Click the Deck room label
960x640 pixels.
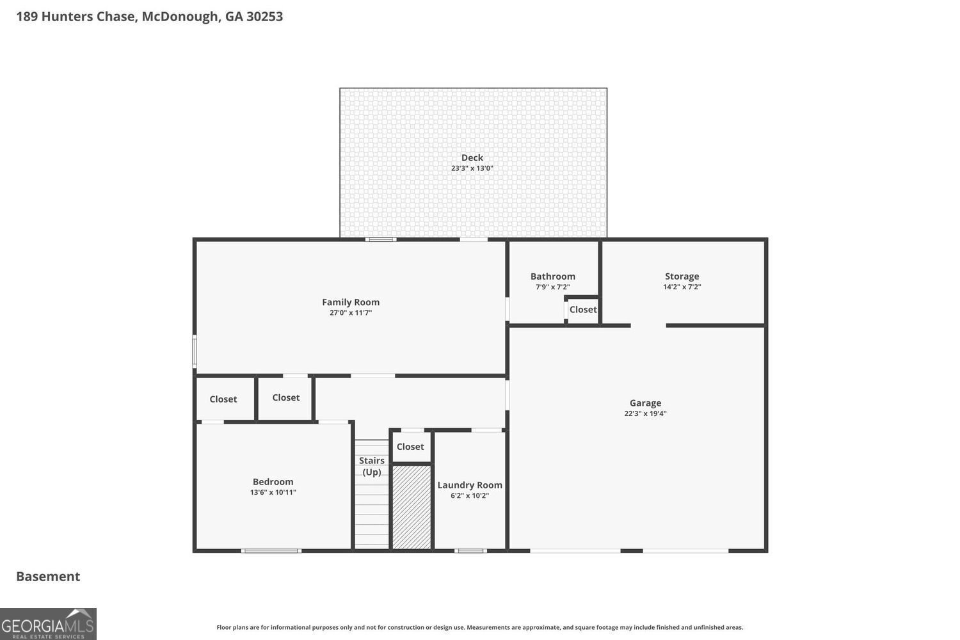tap(472, 157)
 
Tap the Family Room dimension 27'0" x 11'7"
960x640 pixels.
tap(351, 313)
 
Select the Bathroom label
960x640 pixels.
tap(553, 276)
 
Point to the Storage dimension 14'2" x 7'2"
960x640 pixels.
tap(682, 287)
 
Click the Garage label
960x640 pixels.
tap(645, 403)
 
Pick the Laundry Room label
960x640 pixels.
tap(470, 485)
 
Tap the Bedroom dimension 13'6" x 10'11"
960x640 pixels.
tap(273, 493)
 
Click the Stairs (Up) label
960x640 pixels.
tap(372, 467)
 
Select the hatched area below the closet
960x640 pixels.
tap(412, 507)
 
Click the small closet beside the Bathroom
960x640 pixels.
tap(583, 310)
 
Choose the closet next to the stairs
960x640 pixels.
tap(411, 447)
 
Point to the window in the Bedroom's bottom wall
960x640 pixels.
tap(271, 551)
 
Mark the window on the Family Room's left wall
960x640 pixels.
tap(195, 351)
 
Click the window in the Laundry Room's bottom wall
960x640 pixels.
tap(470, 551)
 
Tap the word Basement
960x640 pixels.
tap(48, 577)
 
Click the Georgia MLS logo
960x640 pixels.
tap(48, 624)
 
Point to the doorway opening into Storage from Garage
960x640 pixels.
tap(648, 325)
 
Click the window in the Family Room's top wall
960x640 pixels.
tap(381, 239)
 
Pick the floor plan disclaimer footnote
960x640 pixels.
tap(479, 627)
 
